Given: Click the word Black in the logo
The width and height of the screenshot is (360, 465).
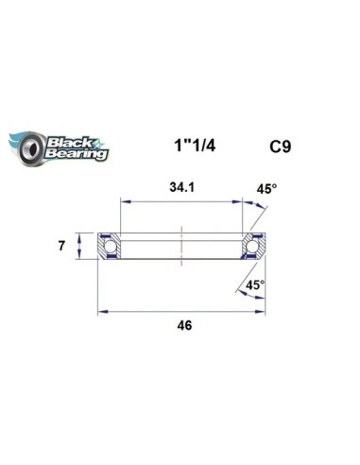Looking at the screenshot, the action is (x=69, y=143).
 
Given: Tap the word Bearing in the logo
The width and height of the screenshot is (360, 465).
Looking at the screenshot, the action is (x=77, y=154).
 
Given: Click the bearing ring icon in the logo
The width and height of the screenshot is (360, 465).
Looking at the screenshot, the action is (x=31, y=147).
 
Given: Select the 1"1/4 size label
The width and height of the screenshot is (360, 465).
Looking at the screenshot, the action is (x=195, y=146).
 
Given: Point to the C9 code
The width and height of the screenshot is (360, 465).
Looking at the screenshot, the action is (x=281, y=146).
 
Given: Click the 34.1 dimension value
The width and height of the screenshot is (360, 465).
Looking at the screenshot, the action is (x=182, y=187).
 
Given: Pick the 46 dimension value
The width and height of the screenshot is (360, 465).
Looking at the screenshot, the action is (x=184, y=325).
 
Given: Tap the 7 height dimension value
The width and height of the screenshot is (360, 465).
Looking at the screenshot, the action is (x=61, y=246).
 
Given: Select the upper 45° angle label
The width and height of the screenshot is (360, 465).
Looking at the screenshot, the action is (x=266, y=189).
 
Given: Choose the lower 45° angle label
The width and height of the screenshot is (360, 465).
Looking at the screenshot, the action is (x=255, y=285).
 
